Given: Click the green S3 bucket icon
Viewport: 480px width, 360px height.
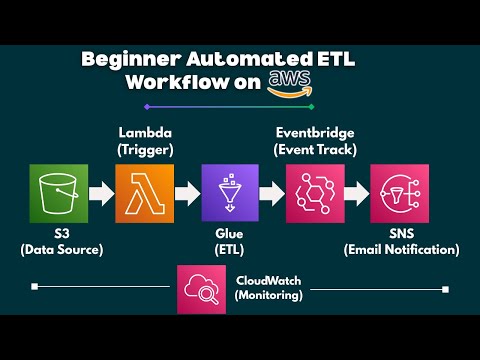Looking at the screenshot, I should point(58,192).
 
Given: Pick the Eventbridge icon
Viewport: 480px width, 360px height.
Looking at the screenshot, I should point(315,192).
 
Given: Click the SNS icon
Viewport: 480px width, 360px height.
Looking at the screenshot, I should point(399,192).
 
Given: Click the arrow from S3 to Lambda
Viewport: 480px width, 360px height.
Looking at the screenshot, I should point(101,192).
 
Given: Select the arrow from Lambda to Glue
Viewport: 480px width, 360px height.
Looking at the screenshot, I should point(186,192).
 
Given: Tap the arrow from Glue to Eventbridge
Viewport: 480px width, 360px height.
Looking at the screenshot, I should point(272,192).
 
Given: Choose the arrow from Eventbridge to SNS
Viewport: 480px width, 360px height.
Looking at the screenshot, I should point(357,192).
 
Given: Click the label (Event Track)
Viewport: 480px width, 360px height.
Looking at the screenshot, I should point(315,149).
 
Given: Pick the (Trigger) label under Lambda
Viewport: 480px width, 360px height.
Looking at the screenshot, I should point(144,149).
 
